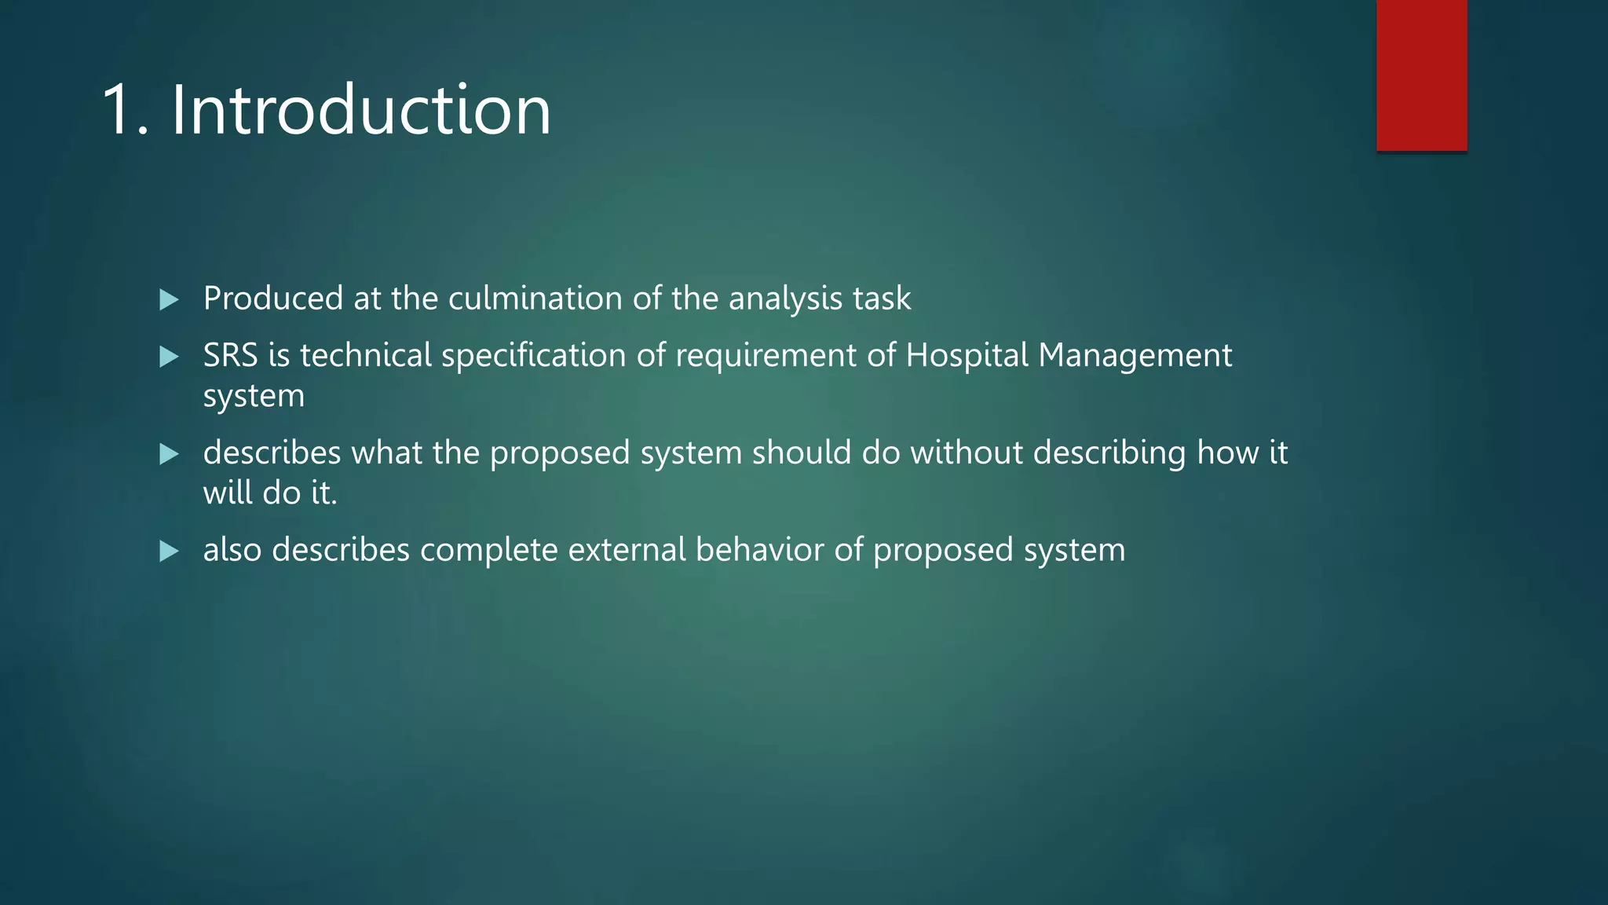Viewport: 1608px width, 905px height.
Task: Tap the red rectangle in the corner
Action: pos(1421,75)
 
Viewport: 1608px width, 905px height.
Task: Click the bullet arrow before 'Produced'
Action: pos(169,299)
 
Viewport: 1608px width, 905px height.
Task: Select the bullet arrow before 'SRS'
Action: pos(169,357)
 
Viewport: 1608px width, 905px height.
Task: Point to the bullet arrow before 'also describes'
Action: pos(169,551)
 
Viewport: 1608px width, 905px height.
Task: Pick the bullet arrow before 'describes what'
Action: pos(169,454)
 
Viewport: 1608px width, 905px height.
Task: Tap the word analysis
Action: pos(786,299)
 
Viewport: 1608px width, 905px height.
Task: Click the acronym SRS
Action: pos(230,356)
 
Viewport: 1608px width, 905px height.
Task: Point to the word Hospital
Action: pos(967,356)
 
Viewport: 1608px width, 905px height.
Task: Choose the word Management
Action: pos(1135,356)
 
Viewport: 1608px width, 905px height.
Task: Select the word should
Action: pos(802,453)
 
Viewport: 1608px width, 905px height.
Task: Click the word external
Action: pos(627,550)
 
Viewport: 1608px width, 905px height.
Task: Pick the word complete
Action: pos(488,550)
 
